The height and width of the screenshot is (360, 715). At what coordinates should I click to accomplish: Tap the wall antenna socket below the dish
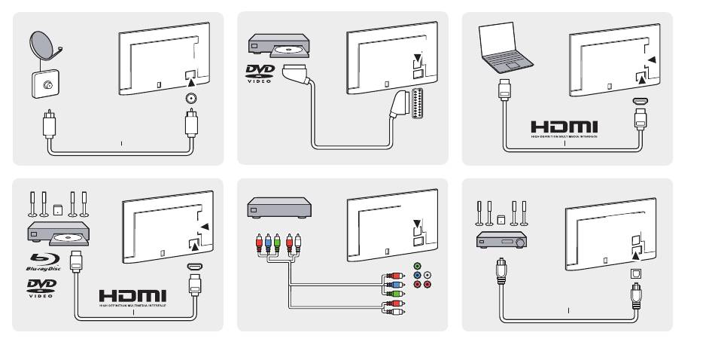pos(44,85)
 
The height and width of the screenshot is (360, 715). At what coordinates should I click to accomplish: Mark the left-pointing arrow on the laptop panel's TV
pos(653,59)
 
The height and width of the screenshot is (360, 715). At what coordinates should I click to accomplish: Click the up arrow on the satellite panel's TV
pos(191,73)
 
